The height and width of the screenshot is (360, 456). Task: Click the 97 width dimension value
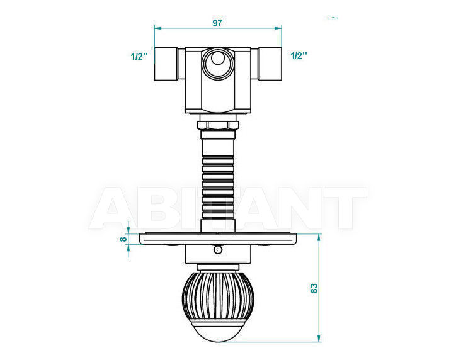[217, 23]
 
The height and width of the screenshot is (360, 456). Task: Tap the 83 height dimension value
[314, 288]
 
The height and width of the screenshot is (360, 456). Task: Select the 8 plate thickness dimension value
[123, 239]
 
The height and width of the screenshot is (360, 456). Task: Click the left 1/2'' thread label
[139, 56]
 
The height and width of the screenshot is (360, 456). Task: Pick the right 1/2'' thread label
[299, 55]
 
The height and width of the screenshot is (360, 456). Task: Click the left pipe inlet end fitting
[166, 64]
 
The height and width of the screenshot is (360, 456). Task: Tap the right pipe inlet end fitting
[270, 64]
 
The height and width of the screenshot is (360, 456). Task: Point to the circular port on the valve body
[218, 63]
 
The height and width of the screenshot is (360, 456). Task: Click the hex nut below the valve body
[218, 125]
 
